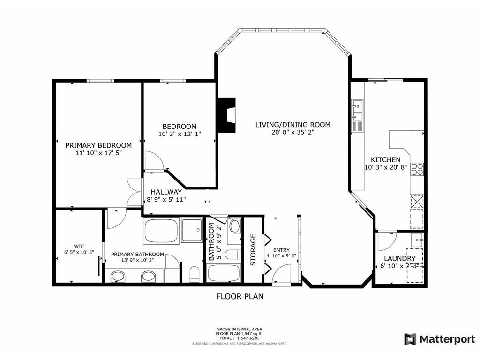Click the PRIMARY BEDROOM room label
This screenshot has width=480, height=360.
98,145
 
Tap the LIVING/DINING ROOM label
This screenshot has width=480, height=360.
292,125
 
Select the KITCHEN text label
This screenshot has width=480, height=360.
386,159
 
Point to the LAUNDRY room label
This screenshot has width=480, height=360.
399,258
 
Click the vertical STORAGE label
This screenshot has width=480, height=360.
253,250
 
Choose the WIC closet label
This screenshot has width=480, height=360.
79,246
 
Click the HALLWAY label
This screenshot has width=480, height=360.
166,192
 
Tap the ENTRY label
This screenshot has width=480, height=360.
281,250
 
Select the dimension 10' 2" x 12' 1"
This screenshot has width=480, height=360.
180,134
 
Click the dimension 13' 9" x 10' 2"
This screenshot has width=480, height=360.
137,261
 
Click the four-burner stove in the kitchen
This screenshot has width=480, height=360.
417,169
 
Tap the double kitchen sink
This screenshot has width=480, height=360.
357,110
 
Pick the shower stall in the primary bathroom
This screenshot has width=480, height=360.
192,230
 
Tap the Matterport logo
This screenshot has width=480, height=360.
439,339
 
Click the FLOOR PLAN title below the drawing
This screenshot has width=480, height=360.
240,296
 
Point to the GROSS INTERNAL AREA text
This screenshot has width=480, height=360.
240,329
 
